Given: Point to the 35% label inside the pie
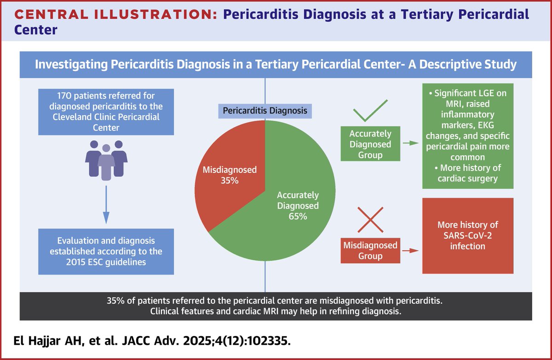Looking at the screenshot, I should (x=229, y=181).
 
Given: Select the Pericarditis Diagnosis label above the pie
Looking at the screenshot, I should (x=265, y=110).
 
